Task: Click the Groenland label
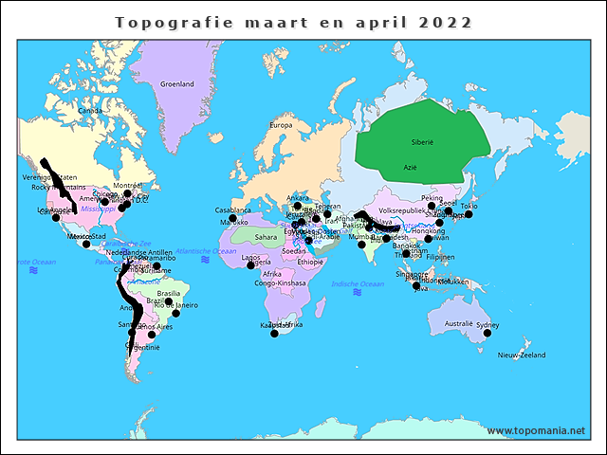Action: coord(176,84)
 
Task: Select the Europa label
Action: coord(282,125)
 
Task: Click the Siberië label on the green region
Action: coord(422,141)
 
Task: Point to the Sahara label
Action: coord(266,237)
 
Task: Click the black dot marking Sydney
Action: coord(487,333)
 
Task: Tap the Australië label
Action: coord(459,323)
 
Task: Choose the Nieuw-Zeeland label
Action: coord(522,355)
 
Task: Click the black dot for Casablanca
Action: coord(232,218)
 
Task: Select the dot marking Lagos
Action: coord(250,264)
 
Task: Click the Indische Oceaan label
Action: coord(358,283)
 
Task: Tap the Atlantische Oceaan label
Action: coord(206,251)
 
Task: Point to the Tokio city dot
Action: coord(469,214)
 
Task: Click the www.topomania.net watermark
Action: coord(536,430)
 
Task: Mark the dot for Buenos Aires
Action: coord(152,335)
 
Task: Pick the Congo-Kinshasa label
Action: coord(280,282)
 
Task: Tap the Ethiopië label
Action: coord(310,262)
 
